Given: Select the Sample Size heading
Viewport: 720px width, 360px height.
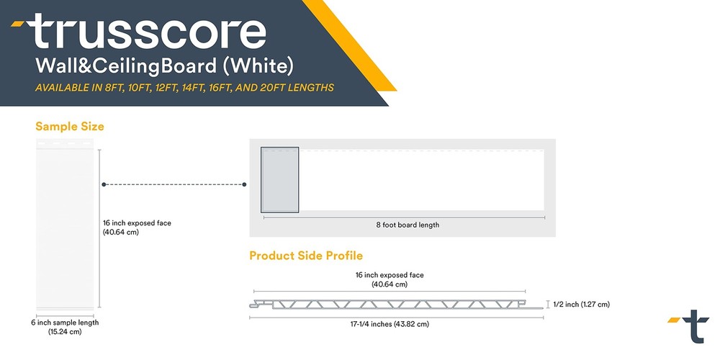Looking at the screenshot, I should coord(70,127).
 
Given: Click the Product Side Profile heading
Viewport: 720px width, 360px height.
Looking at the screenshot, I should coord(306,256).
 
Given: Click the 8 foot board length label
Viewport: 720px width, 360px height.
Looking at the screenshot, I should coord(408,225).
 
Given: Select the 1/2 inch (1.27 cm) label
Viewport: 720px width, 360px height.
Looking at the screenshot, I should coord(582,305).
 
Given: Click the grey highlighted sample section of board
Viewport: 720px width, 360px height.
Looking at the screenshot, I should coord(279,180).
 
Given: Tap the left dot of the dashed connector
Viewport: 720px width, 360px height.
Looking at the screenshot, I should coord(104,184).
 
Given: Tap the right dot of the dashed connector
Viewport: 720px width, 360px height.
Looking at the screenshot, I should coord(244,184).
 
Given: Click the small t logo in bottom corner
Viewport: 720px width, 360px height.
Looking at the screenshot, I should coord(690,326).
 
